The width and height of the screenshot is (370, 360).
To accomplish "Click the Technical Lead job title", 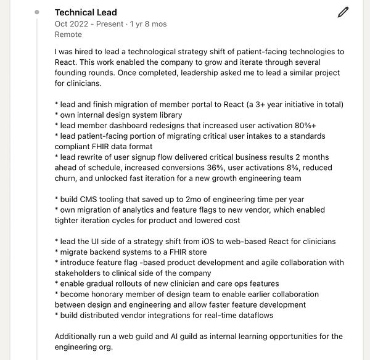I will pyautogui.click(x=86, y=12).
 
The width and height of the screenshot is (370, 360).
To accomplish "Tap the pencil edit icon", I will pyautogui.click(x=343, y=12).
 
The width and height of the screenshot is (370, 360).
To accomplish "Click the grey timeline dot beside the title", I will pyautogui.click(x=37, y=12).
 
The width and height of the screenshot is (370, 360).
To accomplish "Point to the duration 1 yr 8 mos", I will pyautogui.click(x=148, y=24).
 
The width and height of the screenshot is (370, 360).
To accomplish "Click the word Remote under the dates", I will pyautogui.click(x=68, y=35).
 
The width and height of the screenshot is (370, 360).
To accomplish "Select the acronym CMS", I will pyautogui.click(x=91, y=199).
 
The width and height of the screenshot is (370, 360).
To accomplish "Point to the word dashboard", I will pyautogui.click(x=134, y=125).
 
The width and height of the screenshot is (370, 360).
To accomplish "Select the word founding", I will pyautogui.click(x=75, y=73).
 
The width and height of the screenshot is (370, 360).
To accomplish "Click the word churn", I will pyautogui.click(x=66, y=178).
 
